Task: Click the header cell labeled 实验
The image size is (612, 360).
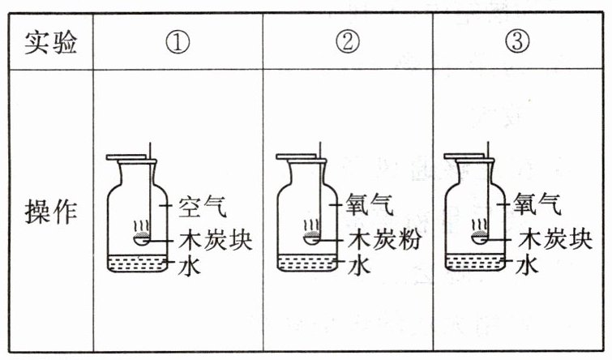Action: point(51,42)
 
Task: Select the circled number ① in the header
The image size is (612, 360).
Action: point(178,42)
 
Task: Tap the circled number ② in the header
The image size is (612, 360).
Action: point(348,41)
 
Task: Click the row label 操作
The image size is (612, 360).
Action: point(51,212)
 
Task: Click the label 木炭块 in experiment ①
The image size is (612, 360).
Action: point(216,239)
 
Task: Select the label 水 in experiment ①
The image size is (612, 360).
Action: point(190,265)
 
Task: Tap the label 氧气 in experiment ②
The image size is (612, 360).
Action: point(370,204)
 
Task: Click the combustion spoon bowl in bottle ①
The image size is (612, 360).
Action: point(141,239)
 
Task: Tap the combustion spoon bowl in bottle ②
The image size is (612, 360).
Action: point(311,238)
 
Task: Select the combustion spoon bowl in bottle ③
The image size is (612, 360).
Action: point(479,238)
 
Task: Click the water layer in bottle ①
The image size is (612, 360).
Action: point(137,264)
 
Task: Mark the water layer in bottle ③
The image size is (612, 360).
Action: point(475,262)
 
